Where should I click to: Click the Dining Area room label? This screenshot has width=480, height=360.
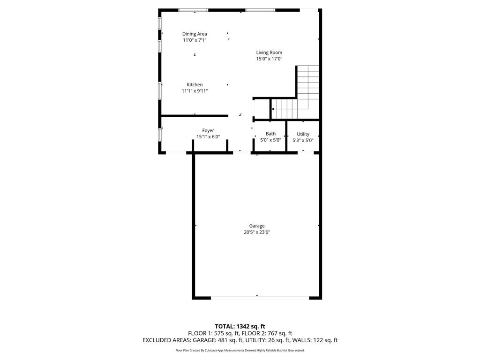pyautogui.click(x=195, y=34)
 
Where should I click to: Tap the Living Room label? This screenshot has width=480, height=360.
pyautogui.click(x=269, y=52)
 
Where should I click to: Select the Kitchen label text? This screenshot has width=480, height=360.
pyautogui.click(x=195, y=85)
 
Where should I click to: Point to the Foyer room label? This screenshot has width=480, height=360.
pyautogui.click(x=208, y=130)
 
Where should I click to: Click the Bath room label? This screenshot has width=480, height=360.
pyautogui.click(x=270, y=134)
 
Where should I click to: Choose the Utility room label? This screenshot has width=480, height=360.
pyautogui.click(x=303, y=134)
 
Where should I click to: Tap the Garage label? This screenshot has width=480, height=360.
pyautogui.click(x=257, y=226)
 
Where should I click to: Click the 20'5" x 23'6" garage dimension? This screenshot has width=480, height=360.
pyautogui.click(x=257, y=232)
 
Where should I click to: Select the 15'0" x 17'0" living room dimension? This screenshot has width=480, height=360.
pyautogui.click(x=269, y=59)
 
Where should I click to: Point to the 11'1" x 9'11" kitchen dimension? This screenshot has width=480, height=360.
pyautogui.click(x=195, y=91)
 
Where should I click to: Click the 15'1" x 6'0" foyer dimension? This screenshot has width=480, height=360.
pyautogui.click(x=208, y=137)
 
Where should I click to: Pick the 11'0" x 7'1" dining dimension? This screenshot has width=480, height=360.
pyautogui.click(x=195, y=40)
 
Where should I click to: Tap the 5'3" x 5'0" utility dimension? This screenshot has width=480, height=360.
pyautogui.click(x=303, y=140)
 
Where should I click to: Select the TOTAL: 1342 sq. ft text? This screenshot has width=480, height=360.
pyautogui.click(x=240, y=326)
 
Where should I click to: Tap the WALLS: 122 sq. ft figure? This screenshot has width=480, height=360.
pyautogui.click(x=319, y=340)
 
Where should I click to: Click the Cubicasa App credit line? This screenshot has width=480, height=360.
pyautogui.click(x=240, y=350)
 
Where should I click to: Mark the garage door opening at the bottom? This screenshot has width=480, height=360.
pyautogui.click(x=260, y=298)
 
